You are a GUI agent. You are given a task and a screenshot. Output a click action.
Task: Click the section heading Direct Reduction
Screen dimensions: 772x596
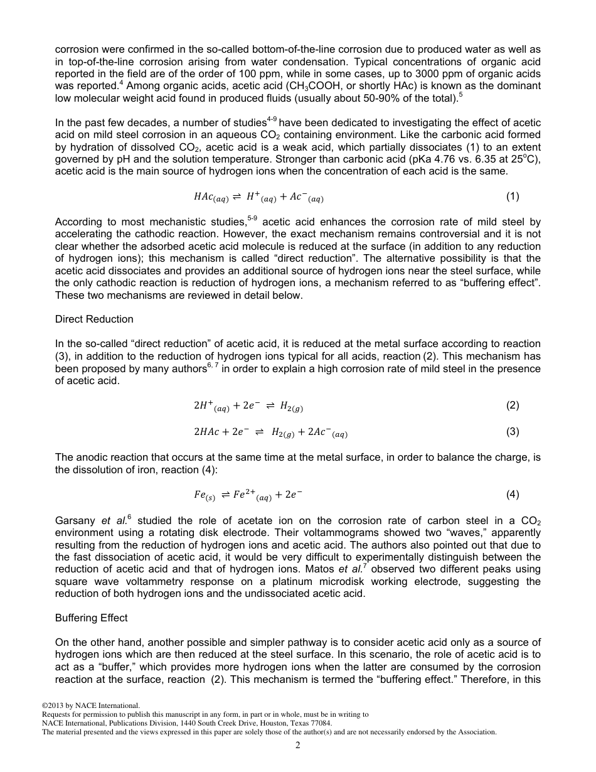(x=94, y=319)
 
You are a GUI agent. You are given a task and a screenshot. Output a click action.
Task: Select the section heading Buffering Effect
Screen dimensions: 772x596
(x=91, y=618)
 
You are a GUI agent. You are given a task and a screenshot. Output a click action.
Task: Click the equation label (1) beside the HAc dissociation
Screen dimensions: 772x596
(x=512, y=196)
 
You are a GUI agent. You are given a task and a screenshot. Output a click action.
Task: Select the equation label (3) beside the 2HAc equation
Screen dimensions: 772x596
(x=512, y=432)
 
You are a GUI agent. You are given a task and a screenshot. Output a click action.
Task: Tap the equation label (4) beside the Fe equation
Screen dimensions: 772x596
(x=512, y=495)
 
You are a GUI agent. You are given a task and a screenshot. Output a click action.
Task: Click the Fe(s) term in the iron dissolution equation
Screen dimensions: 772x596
(x=205, y=495)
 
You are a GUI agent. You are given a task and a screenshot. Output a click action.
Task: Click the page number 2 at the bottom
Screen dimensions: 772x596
(x=298, y=746)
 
